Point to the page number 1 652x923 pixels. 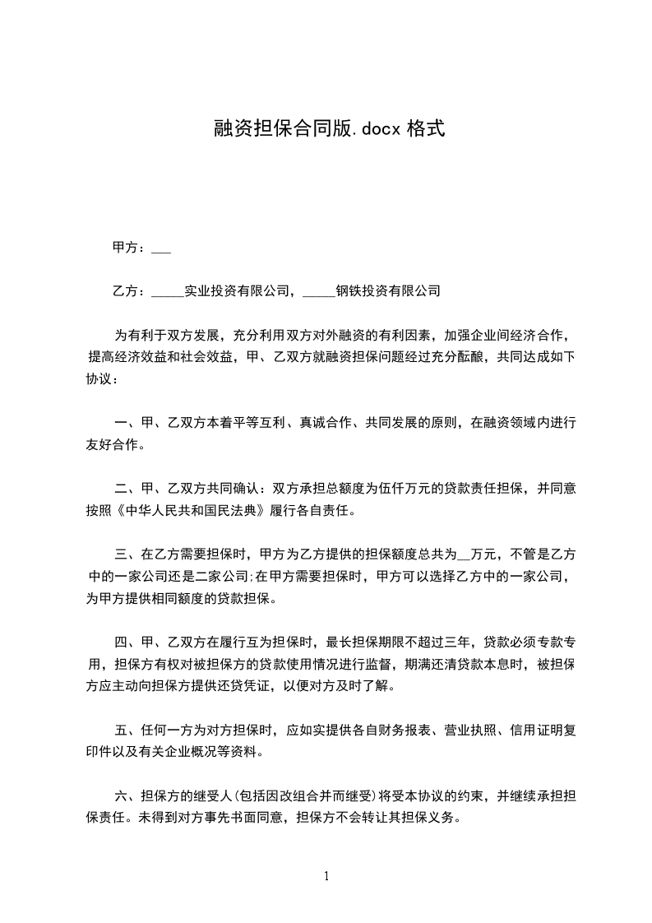(x=326, y=876)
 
